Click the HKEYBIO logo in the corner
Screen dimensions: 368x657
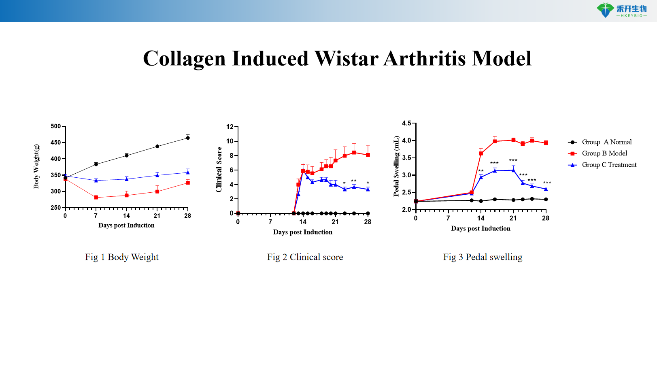621,10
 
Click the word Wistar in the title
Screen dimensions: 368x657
347,58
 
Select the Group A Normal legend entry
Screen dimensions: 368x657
606,142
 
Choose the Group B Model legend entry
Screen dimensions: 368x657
604,153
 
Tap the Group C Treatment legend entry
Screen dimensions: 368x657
609,165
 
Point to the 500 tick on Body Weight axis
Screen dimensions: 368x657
56,126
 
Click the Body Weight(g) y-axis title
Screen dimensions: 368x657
36,166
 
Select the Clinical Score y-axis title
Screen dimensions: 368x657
219,169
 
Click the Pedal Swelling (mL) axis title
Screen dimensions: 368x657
396,166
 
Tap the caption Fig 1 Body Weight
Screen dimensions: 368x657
121,257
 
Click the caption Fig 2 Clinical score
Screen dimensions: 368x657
305,257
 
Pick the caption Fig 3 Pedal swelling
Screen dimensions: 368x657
483,257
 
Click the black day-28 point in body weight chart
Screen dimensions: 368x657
188,138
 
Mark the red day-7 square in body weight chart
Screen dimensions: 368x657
96,198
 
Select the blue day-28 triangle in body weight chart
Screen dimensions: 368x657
188,172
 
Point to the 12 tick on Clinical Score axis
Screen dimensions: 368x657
230,127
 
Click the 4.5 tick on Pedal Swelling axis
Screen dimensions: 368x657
406,123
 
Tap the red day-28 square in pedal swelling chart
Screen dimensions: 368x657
546,143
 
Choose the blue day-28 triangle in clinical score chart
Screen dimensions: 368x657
368,189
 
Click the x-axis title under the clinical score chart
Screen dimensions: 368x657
303,232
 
